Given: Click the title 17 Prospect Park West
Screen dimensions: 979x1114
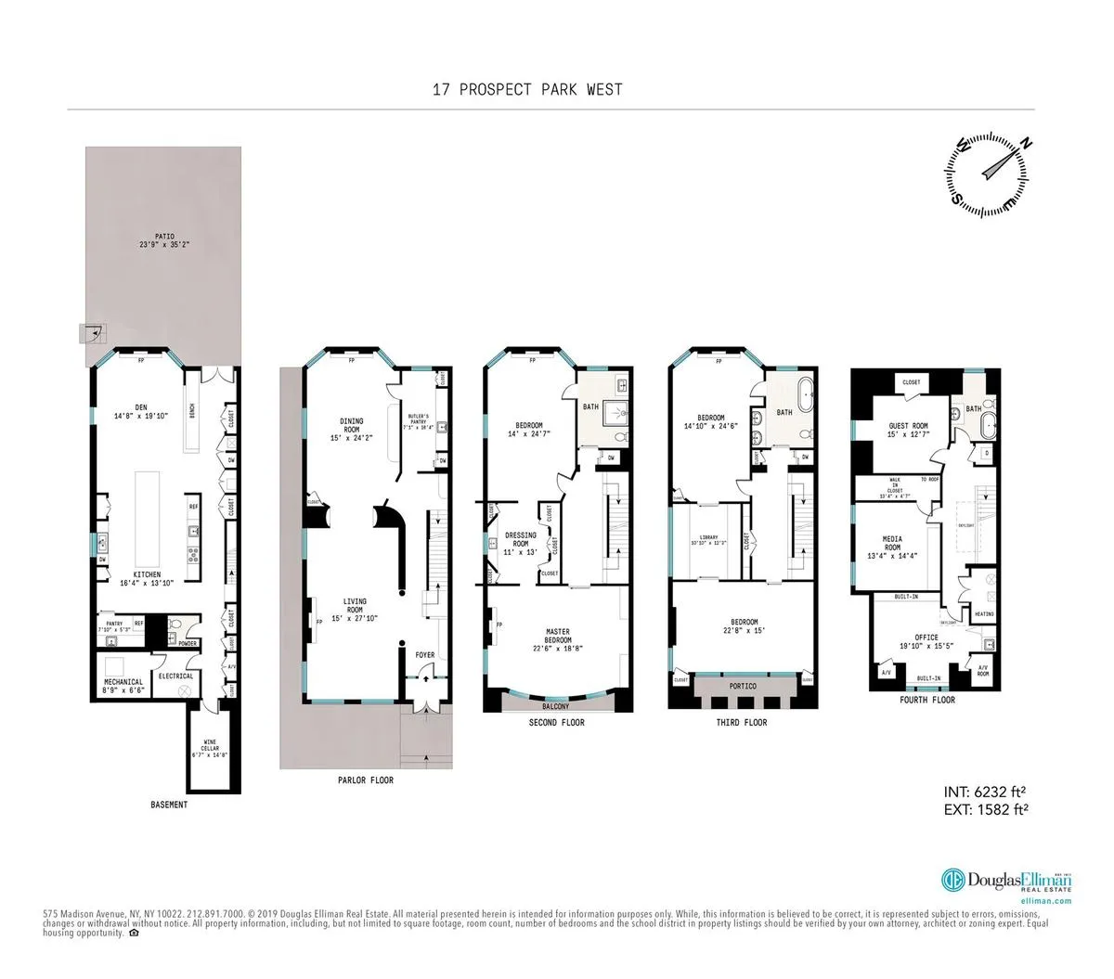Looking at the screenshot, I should tap(527, 90).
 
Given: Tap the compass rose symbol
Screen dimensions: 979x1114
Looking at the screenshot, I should tap(988, 169).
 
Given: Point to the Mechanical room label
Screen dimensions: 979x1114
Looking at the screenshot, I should tap(123, 687).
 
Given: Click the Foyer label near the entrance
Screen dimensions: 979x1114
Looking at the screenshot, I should tap(425, 654).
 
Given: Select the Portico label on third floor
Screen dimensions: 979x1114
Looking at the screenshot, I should tap(742, 686).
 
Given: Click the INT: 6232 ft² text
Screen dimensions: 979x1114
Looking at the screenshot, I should tap(984, 792).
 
